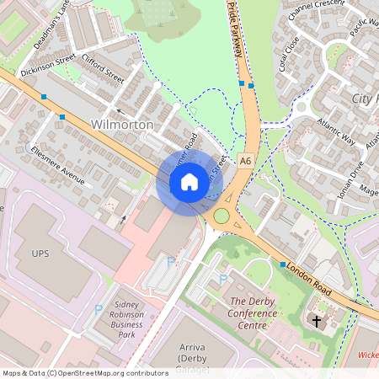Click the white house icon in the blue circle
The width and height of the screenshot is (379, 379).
coord(189,181)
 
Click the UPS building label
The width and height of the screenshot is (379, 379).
coord(41,254)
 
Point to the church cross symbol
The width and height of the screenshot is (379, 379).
coord(317,321)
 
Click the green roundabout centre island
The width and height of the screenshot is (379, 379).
coord(222,216)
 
